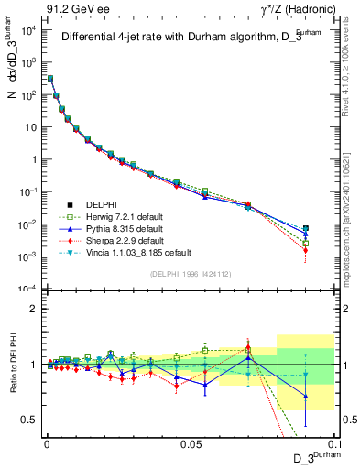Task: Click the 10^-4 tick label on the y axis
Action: (27, 289)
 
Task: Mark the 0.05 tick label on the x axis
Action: (190, 442)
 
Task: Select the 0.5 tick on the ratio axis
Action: (29, 420)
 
